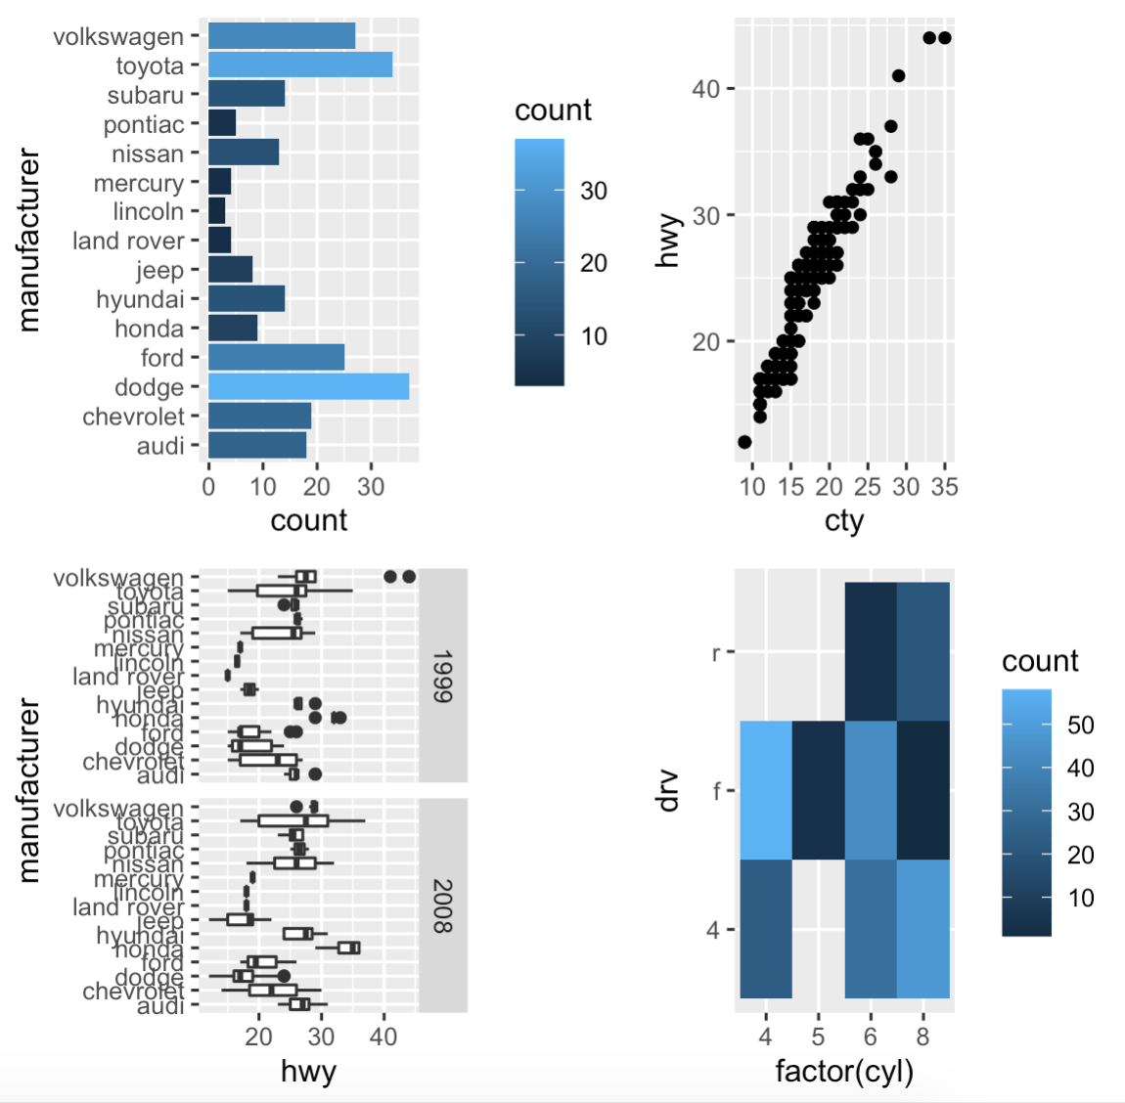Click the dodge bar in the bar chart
coord(308,386)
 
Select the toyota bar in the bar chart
coord(300,66)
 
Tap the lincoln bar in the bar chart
coord(217,211)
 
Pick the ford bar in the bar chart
coord(276,358)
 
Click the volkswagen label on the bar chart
coord(118,37)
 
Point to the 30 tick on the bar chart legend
coord(594,191)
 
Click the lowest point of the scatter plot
coord(744,442)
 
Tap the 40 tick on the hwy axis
coord(705,89)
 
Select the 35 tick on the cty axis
coord(944,487)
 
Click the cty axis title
coord(843,520)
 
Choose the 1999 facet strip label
coord(442,676)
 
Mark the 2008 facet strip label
coord(442,905)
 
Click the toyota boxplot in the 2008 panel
coord(292,820)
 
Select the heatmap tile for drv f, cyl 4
coord(766,790)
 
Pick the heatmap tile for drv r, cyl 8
coord(922,651)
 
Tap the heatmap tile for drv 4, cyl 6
coord(871,929)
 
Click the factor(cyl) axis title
coord(843,1072)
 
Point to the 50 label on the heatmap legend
coord(1081,725)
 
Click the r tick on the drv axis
coord(717,652)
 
